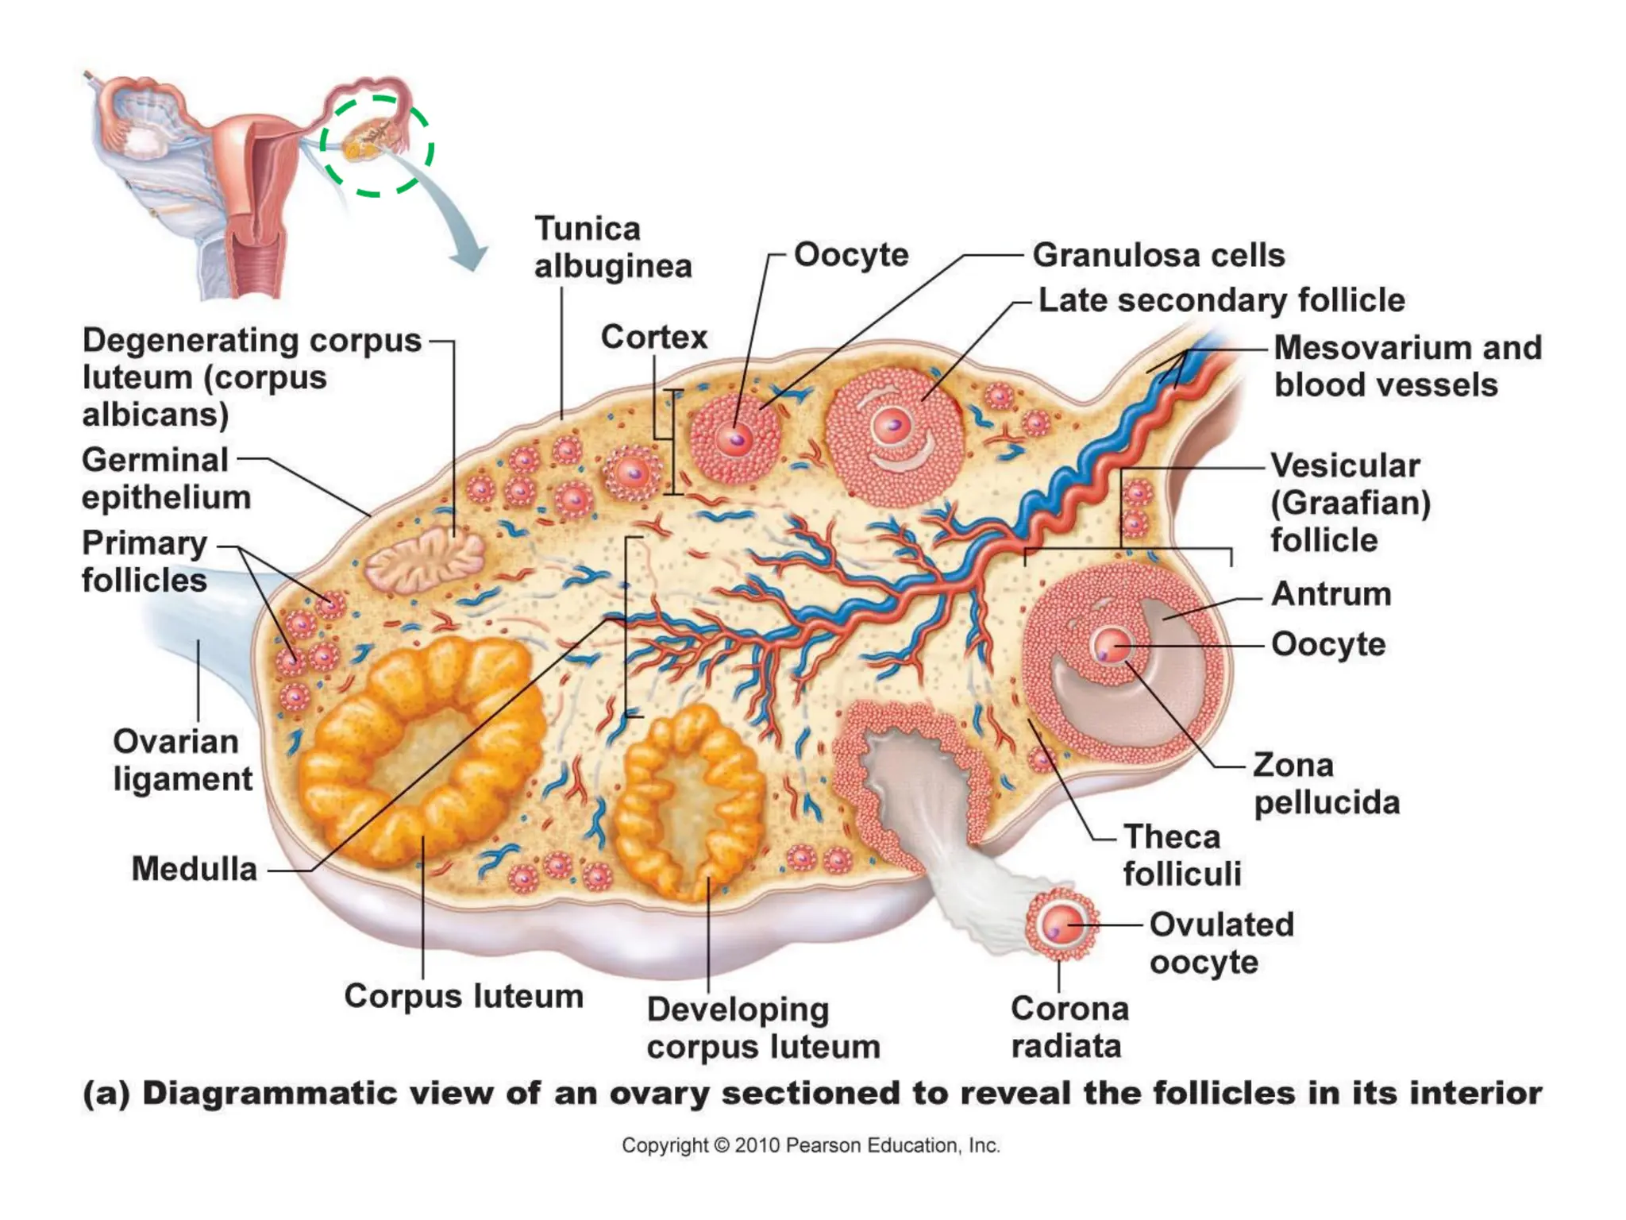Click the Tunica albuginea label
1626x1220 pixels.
click(613, 247)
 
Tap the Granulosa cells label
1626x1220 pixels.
click(1158, 255)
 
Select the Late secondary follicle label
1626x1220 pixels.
click(1221, 300)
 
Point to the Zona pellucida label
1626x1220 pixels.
click(1326, 783)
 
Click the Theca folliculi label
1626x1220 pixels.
click(1182, 855)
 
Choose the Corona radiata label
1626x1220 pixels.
click(1069, 1027)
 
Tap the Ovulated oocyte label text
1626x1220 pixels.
click(1221, 943)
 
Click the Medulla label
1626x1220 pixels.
click(195, 868)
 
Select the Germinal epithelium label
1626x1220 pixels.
click(166, 478)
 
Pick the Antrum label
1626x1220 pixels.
click(1331, 594)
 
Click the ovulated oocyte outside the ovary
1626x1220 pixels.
click(1062, 926)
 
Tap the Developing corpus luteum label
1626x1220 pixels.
click(763, 1028)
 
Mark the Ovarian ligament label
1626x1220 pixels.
click(182, 760)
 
